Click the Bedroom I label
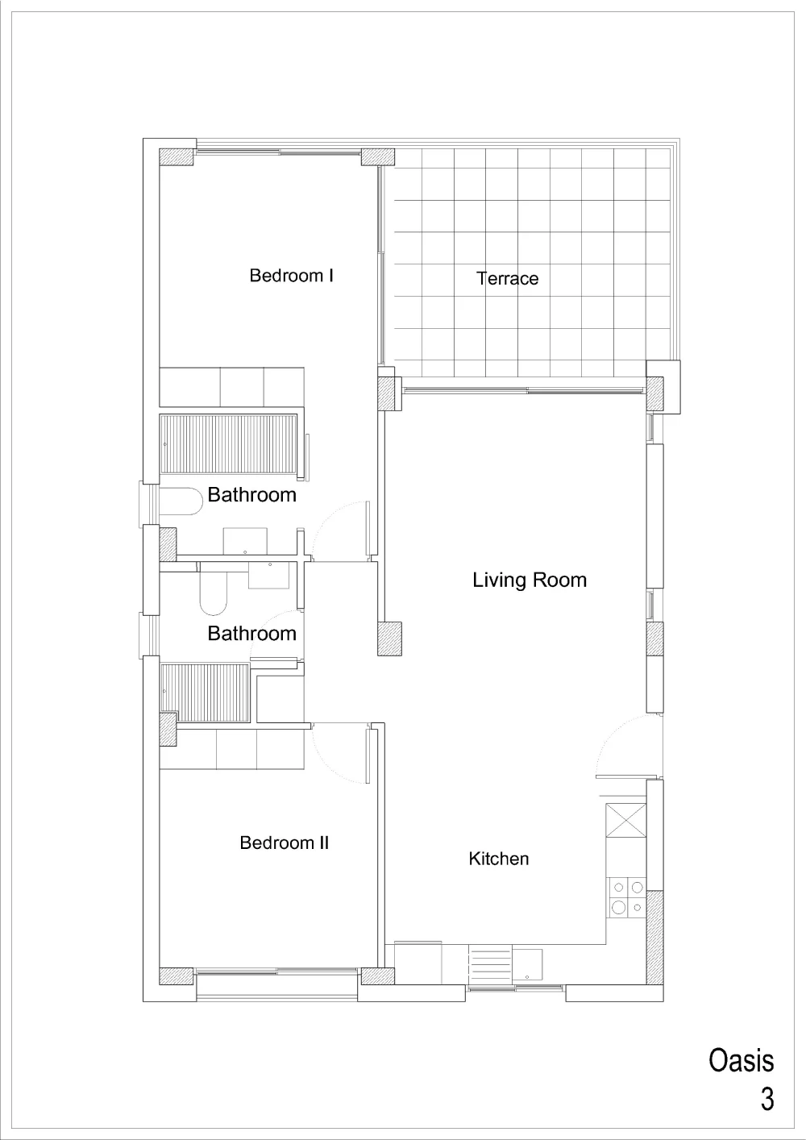291,276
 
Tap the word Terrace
507,278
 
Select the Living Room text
530,580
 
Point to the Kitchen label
499,859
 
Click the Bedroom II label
285,843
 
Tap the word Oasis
742,1061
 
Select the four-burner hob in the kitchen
626,897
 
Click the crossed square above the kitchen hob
626,820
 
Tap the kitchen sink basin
527,964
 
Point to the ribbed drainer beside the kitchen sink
490,964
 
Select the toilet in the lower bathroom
213,589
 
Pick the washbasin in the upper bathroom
245,541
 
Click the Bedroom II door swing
340,753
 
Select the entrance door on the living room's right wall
629,746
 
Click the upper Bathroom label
251,495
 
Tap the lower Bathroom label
251,633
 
